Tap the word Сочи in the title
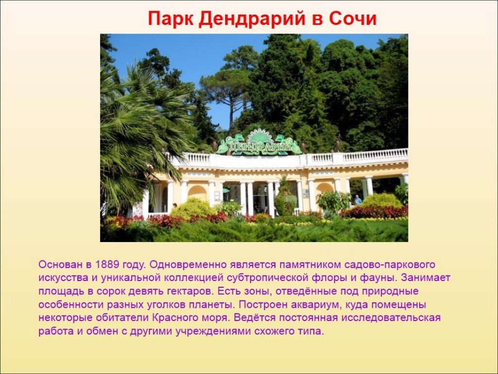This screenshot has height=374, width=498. [x=353, y=19]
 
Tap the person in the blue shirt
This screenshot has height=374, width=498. [x=357, y=200]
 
